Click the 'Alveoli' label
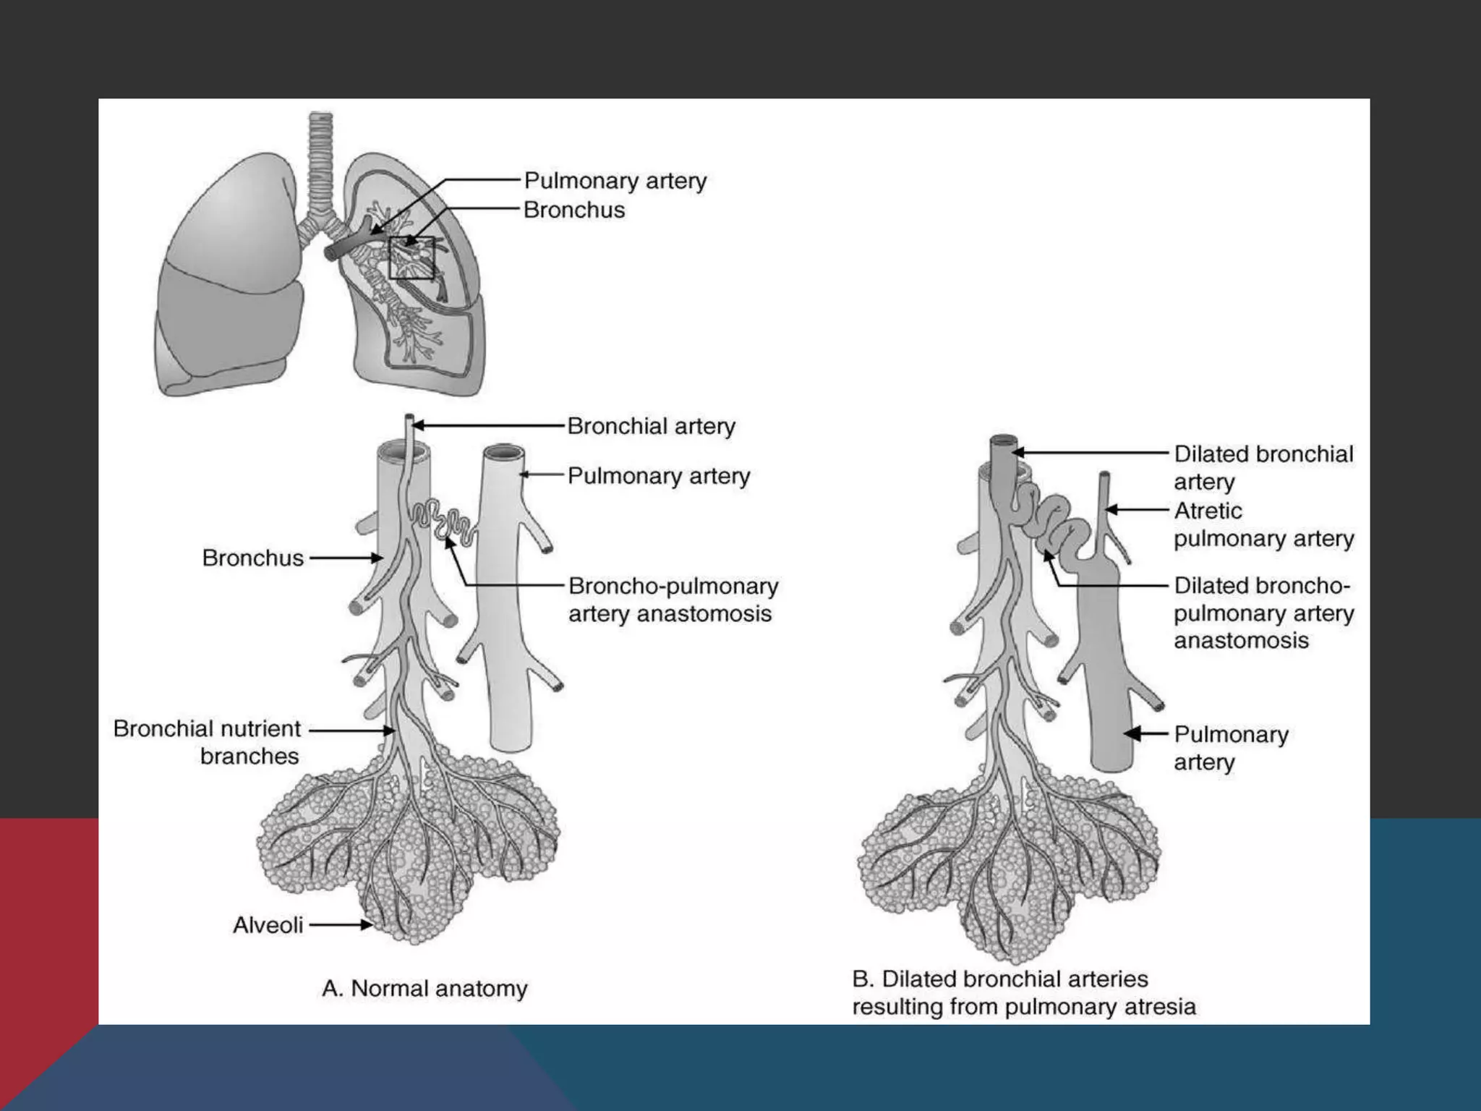point(268,925)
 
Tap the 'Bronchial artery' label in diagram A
point(651,426)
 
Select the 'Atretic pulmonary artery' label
point(1263,524)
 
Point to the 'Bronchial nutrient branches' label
point(207,742)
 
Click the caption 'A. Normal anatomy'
point(424,988)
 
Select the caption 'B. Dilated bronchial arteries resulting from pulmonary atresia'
point(1023,992)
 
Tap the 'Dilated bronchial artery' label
point(1263,467)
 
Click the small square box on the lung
point(411,257)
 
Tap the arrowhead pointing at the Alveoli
point(367,924)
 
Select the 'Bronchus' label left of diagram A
point(252,558)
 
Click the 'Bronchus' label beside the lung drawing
point(574,210)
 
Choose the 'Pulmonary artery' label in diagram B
point(1231,748)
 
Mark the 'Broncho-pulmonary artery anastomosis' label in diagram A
point(673,600)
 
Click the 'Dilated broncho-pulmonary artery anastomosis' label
point(1263,613)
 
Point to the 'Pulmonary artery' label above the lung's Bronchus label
point(615,180)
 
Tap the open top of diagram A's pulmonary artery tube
point(504,454)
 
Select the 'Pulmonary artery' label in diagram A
point(658,476)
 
